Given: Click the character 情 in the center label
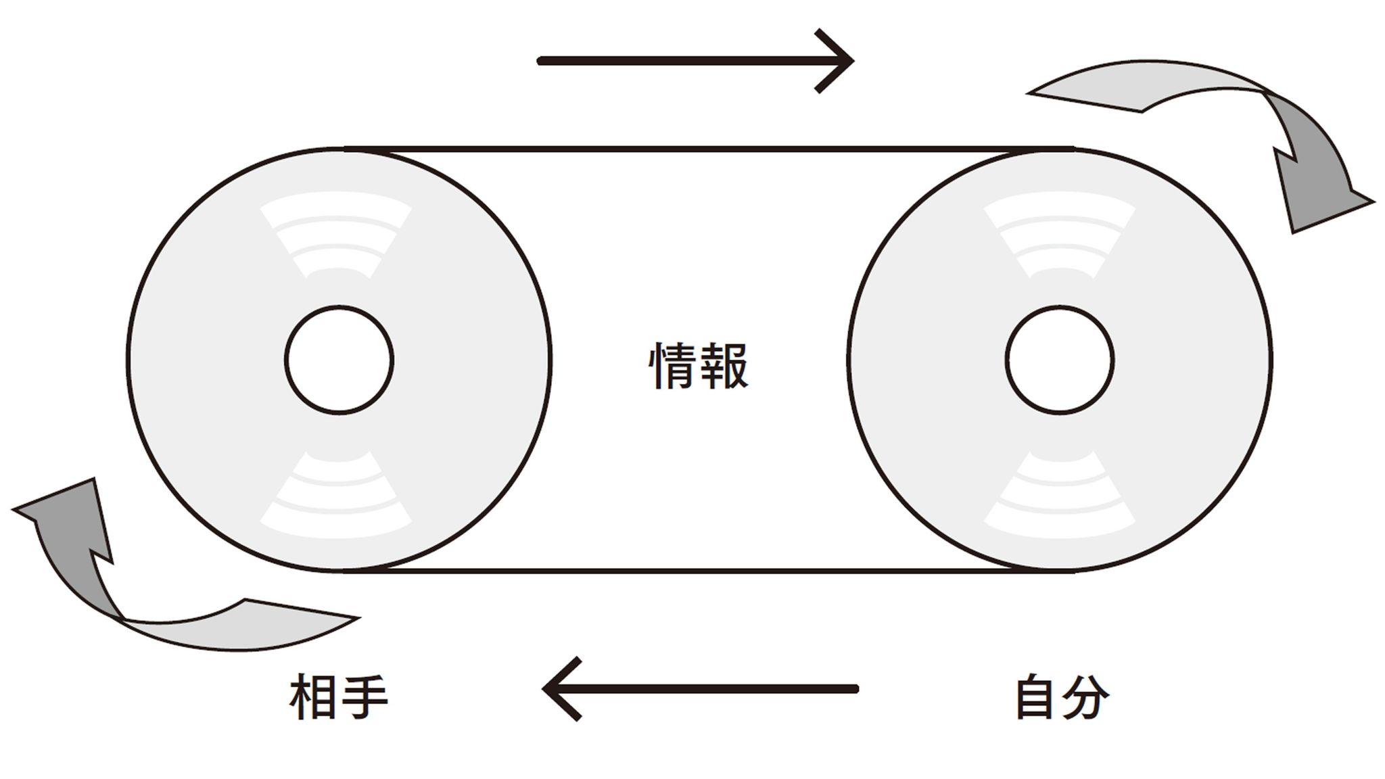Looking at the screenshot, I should point(673,366).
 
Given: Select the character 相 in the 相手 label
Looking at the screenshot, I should point(313,699).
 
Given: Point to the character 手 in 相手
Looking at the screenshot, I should point(364,699).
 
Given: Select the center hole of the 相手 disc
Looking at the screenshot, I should point(339,359).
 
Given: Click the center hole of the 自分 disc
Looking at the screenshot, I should point(1059,359).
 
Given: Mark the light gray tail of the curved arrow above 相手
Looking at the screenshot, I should point(243,625).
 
